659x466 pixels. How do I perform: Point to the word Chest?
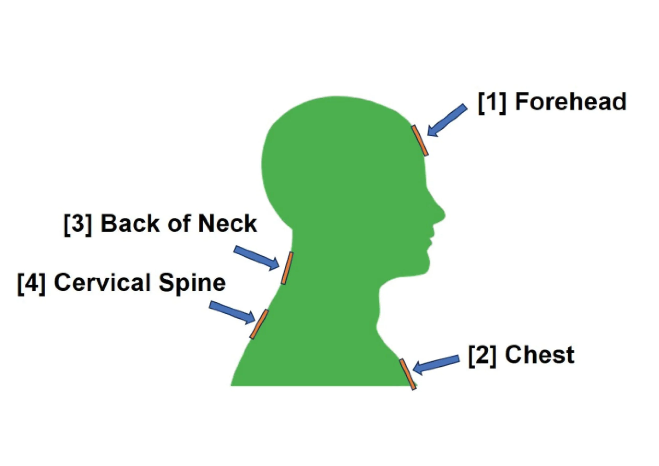(x=540, y=355)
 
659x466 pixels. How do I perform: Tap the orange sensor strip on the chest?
(x=408, y=374)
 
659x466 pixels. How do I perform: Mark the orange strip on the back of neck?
(x=287, y=268)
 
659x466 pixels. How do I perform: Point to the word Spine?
(x=192, y=283)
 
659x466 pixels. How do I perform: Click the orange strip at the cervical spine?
(x=259, y=324)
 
